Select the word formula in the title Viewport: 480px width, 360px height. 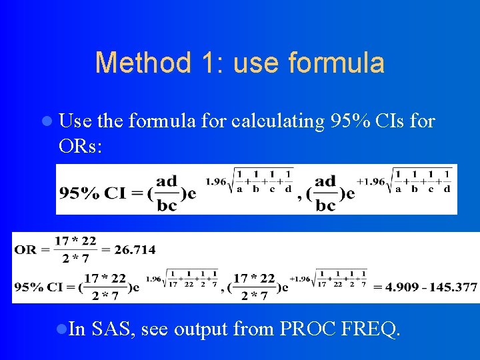coord(337,63)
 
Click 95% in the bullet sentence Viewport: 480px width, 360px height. coord(351,121)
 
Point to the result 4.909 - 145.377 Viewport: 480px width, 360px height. coord(425,287)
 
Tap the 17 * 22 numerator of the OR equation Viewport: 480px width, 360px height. coord(75,241)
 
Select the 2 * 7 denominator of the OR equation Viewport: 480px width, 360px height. coord(75,259)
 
